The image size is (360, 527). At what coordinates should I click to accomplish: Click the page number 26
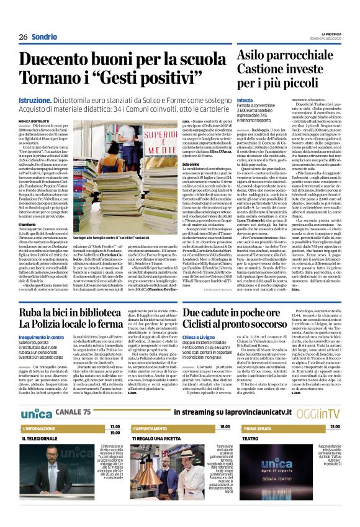point(23,37)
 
